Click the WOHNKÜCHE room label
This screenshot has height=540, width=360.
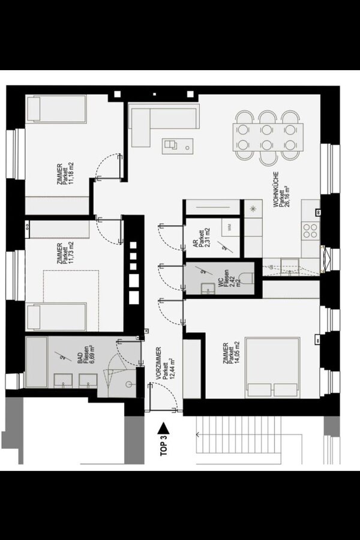275,190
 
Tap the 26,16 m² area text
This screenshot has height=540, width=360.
286,194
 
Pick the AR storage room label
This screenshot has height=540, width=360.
196,244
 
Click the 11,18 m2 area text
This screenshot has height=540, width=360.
71,173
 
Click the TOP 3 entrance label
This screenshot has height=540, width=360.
164,446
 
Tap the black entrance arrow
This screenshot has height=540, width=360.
163,429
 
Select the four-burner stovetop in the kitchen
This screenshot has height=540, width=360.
310,231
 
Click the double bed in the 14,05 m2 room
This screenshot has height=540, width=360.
272,368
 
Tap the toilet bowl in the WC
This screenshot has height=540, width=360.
248,278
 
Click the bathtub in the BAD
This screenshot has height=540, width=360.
37,362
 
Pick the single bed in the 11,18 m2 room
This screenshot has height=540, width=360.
56,109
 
